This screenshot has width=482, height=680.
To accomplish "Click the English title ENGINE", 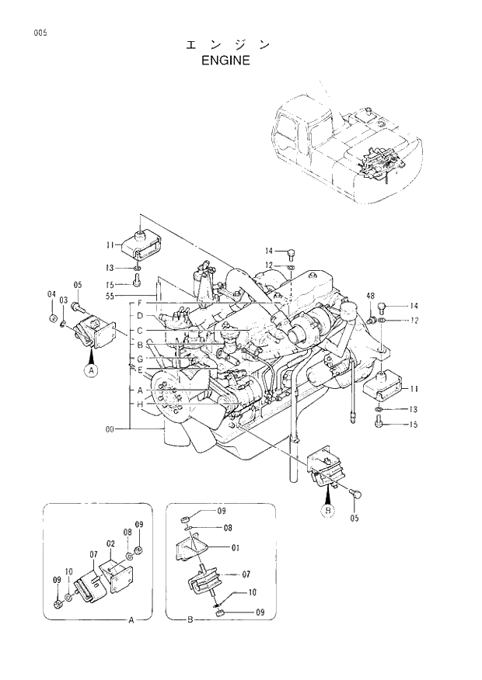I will tap(225, 60).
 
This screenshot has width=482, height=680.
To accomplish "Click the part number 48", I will tap(371, 296).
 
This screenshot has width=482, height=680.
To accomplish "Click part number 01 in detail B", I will tap(235, 547).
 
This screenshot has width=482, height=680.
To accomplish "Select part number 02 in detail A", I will tap(110, 543).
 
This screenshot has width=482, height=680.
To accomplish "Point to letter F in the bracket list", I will tap(140, 302).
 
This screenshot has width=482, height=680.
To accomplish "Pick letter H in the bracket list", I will tap(140, 404).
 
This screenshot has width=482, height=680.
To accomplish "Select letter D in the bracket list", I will tap(140, 315).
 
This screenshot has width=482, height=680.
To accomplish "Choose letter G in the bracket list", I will tap(140, 359).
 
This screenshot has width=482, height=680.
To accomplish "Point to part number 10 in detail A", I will tap(68, 572).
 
